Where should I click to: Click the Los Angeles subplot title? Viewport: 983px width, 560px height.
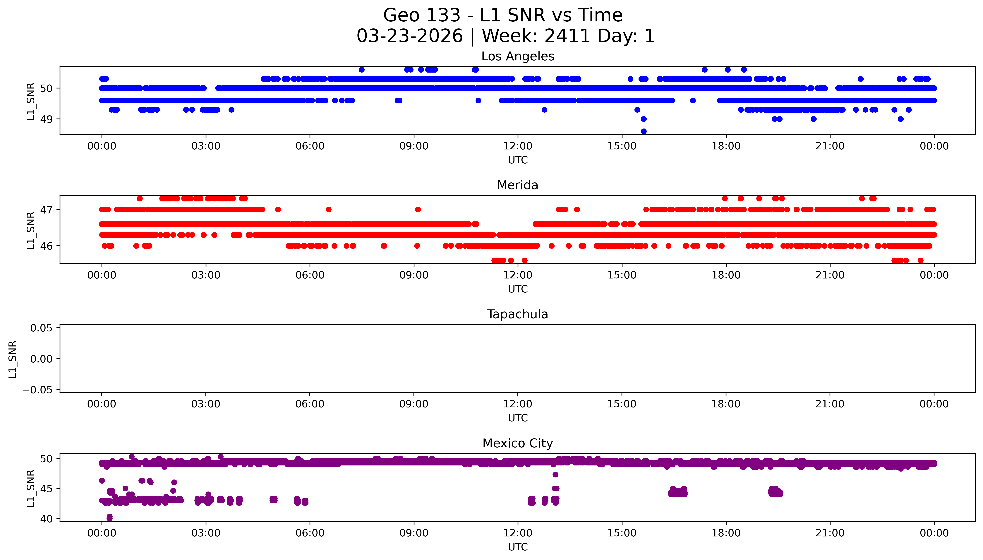[517, 56]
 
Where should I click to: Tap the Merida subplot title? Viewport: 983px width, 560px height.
[517, 185]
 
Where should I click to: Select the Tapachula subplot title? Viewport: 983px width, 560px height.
[517, 314]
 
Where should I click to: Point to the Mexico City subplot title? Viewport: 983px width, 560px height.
[517, 443]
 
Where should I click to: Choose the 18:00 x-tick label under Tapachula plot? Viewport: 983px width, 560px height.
[726, 404]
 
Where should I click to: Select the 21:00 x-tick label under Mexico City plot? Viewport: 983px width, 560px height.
[830, 533]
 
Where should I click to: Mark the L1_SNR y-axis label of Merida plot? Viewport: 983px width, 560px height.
[31, 230]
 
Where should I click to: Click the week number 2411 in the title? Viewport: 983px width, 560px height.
[567, 36]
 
